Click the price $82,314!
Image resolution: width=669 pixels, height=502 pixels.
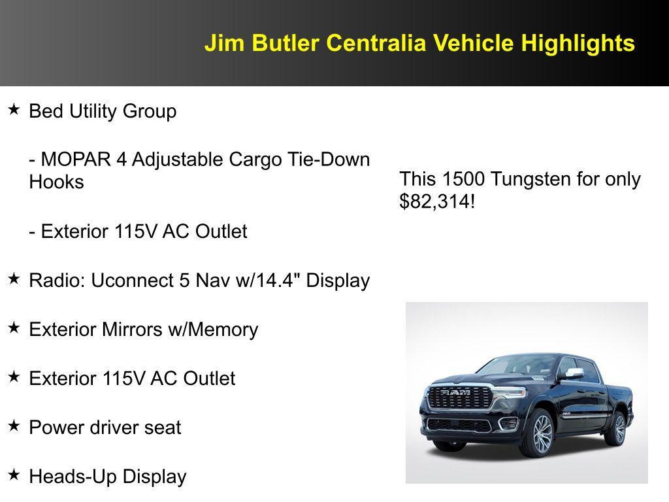[437, 201]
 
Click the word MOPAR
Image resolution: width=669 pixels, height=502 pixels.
[79, 159]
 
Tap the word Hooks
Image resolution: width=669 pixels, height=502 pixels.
[57, 182]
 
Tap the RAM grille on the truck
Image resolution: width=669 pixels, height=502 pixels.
[459, 397]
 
